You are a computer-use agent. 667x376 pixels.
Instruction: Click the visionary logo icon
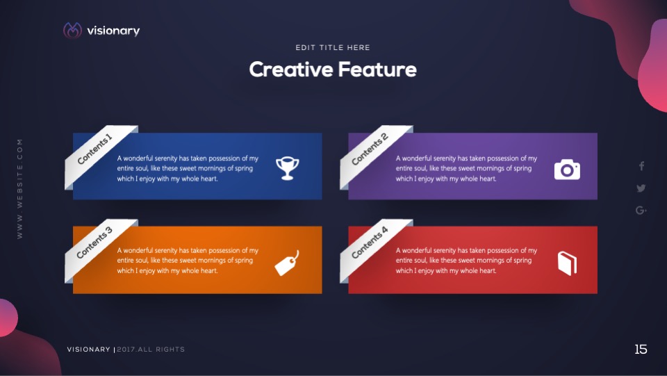coord(72,30)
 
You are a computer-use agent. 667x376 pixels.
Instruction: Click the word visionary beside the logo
coord(113,31)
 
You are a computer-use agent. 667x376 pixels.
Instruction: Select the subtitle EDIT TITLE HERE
coord(333,48)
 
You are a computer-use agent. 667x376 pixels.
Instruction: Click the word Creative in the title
coord(291,70)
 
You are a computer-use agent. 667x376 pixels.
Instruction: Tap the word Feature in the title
coord(377,70)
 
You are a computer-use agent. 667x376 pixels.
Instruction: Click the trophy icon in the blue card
coord(288,168)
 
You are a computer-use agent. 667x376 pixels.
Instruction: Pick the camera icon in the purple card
coord(567,170)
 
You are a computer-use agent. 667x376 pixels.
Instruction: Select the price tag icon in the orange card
coord(287,263)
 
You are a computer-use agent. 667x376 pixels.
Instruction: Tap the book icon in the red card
coord(568,263)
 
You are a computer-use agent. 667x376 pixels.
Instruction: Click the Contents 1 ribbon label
coord(95,149)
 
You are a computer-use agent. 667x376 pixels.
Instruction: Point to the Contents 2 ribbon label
coord(370,149)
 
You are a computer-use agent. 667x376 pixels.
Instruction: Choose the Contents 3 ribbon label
coord(94,243)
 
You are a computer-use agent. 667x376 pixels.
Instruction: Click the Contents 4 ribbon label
coord(370,243)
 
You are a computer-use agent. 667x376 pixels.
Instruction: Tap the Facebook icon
coord(641,166)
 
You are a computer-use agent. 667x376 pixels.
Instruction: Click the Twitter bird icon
coord(641,188)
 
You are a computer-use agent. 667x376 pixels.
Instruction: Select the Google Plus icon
coord(641,210)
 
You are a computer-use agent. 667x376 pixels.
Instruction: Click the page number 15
coord(641,349)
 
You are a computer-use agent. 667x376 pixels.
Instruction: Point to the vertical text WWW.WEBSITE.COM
coord(20,189)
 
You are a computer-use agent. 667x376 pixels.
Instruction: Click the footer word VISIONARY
coord(88,349)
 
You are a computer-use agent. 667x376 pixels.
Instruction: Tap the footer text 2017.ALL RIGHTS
coord(151,349)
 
